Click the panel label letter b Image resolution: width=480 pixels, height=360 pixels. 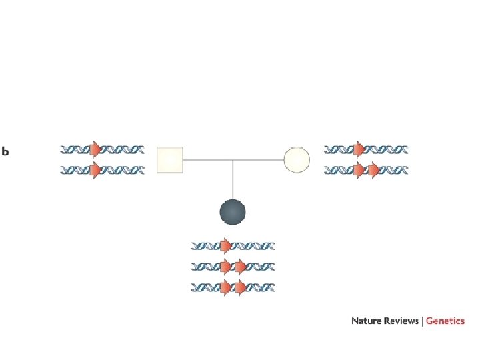click(x=5, y=152)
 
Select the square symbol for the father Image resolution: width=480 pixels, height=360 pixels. click(x=169, y=160)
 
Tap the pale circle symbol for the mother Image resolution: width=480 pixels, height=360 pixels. click(x=297, y=160)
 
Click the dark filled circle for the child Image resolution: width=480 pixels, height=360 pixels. click(x=233, y=212)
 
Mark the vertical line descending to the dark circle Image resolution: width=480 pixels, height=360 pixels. click(x=233, y=180)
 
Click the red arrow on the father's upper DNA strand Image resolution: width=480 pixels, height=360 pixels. click(x=95, y=149)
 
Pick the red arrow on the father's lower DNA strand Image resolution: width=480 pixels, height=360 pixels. click(x=95, y=171)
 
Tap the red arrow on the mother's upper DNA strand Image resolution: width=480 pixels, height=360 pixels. click(x=359, y=149)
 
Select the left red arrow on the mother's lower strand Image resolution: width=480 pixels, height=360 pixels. click(x=359, y=171)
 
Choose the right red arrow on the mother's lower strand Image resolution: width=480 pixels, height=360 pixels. click(x=374, y=171)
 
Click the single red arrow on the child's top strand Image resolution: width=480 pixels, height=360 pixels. click(x=226, y=246)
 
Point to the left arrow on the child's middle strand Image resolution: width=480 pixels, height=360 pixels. click(x=226, y=267)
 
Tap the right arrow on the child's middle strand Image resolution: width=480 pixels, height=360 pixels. click(x=241, y=267)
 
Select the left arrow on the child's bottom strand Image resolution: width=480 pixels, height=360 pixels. click(x=226, y=289)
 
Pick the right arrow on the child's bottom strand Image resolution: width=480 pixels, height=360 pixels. click(x=241, y=289)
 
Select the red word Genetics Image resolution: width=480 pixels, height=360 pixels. click(x=445, y=321)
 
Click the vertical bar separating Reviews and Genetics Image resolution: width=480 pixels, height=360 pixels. click(x=421, y=321)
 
